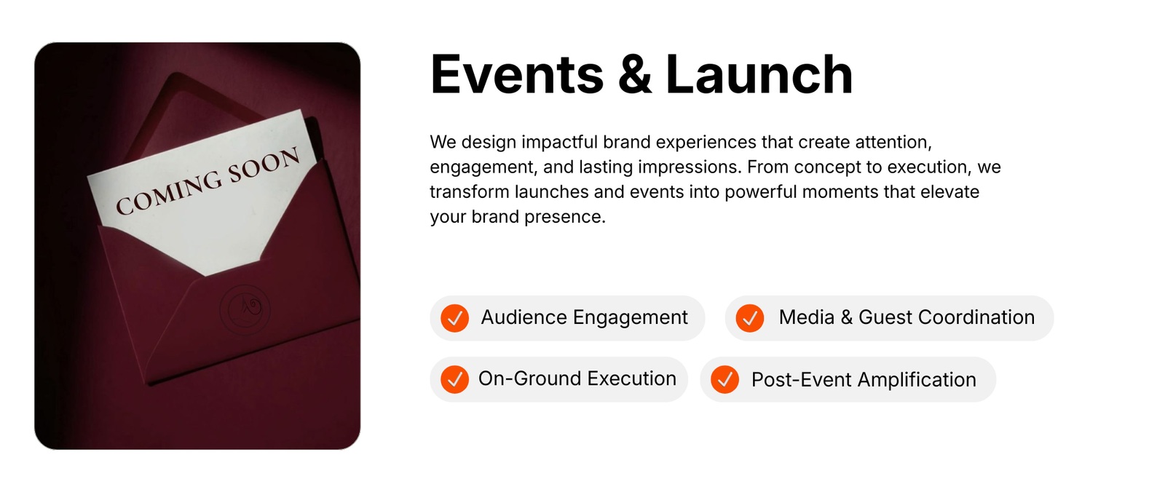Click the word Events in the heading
[517, 74]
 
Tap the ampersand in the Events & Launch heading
[634, 74]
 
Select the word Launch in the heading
[759, 74]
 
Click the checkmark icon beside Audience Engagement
[454, 318]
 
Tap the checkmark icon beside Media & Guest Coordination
[749, 318]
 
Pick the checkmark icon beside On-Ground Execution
[454, 379]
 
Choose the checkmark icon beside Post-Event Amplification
[724, 379]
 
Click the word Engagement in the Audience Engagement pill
[631, 318]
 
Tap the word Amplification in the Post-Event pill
[917, 380]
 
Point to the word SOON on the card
[264, 164]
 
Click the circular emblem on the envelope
[245, 309]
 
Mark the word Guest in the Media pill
[885, 317]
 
